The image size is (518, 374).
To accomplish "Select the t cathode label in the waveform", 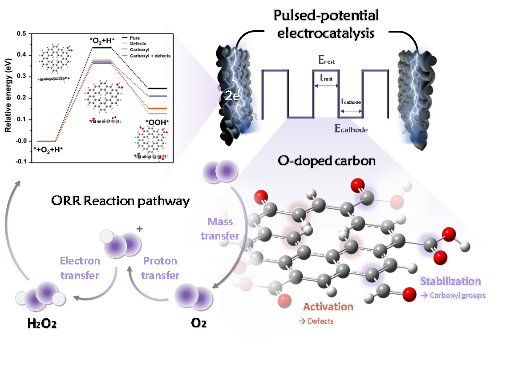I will pos(351,102).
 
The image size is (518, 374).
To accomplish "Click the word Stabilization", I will pos(450,281).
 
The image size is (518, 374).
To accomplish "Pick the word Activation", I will pos(328,306).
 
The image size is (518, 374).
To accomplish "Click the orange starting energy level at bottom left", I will pos(45,141).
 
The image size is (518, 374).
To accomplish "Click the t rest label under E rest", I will pos(327,77).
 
